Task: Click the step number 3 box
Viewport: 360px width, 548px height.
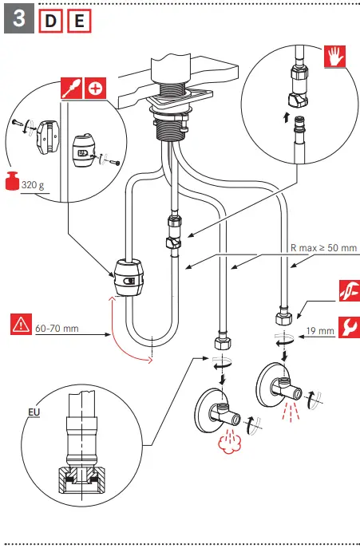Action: [19, 18]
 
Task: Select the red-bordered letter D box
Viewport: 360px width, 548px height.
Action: [51, 21]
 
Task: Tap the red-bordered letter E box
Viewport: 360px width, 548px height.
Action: [79, 21]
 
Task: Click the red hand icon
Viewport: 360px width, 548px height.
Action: [334, 56]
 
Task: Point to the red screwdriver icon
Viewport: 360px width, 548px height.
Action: [72, 88]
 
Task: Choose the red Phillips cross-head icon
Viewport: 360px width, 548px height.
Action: [95, 88]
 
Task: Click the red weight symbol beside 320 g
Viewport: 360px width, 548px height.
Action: [12, 181]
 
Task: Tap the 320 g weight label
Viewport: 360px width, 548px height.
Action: [33, 185]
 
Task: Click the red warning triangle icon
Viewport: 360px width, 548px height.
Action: [21, 325]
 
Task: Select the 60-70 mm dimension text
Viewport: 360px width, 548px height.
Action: [57, 329]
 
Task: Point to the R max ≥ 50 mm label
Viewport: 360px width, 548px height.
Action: [323, 248]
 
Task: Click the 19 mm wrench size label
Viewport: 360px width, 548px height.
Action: [320, 330]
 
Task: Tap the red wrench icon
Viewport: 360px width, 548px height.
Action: [349, 328]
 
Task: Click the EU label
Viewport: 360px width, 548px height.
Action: [34, 412]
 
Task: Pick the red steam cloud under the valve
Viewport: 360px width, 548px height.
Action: [228, 444]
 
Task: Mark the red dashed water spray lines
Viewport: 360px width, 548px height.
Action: [291, 412]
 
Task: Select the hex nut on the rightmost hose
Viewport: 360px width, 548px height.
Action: [283, 316]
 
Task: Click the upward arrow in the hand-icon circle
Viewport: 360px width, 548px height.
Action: [287, 117]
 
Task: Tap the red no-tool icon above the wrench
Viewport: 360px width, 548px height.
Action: [349, 291]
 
